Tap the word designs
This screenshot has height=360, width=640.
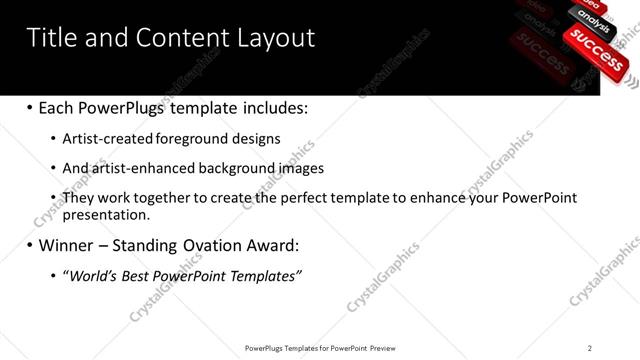pos(255,138)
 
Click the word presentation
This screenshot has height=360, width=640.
pos(106,214)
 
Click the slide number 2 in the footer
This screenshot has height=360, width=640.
pos(590,348)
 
